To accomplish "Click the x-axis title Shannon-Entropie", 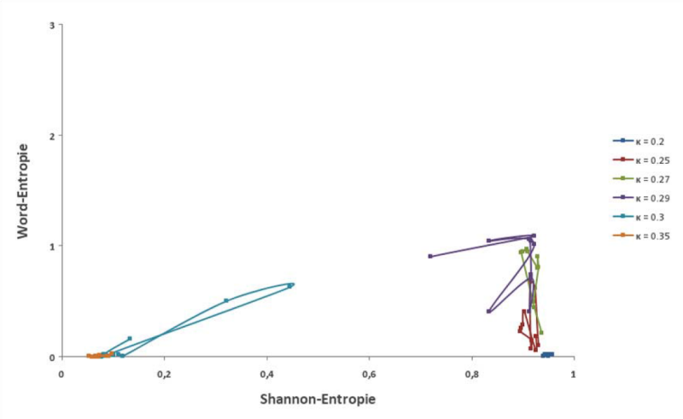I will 318,398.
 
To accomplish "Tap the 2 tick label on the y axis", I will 53,136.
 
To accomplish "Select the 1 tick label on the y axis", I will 53,247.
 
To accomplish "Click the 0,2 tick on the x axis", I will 164,374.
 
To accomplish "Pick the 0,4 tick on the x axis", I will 266,374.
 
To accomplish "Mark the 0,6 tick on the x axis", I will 369,374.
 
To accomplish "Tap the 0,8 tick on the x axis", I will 471,374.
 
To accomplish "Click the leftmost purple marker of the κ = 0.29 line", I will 430,256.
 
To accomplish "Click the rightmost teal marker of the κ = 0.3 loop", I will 292,285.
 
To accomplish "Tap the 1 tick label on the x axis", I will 574,374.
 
